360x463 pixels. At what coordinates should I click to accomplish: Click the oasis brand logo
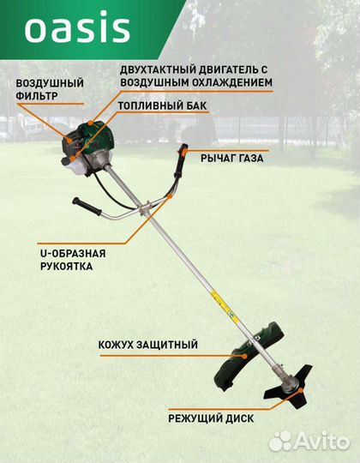[77, 27]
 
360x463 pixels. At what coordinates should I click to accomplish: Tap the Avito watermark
[309, 442]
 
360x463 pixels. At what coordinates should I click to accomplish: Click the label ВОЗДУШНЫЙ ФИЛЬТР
[50, 89]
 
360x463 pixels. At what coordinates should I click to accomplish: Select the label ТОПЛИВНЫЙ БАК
[162, 105]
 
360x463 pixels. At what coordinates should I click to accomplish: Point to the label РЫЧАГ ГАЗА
[232, 159]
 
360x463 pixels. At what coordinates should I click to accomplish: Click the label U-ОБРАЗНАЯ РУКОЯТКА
[73, 260]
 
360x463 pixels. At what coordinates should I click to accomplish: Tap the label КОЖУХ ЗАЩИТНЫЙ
[147, 345]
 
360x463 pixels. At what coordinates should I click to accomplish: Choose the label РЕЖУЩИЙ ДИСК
[211, 418]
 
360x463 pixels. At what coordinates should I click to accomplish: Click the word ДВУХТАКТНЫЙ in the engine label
[158, 69]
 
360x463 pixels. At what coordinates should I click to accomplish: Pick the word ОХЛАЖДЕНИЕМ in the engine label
[232, 82]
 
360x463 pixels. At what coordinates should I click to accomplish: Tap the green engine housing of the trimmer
[88, 138]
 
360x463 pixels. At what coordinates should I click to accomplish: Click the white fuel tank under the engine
[73, 166]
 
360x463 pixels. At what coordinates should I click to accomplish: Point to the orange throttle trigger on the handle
[184, 152]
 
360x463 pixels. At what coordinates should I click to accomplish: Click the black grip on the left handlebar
[87, 207]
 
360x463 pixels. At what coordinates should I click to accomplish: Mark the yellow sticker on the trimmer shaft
[224, 304]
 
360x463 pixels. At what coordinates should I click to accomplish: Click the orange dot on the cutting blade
[300, 390]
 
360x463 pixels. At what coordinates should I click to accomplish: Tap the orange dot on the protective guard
[244, 356]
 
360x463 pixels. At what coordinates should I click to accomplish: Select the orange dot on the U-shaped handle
[170, 196]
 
